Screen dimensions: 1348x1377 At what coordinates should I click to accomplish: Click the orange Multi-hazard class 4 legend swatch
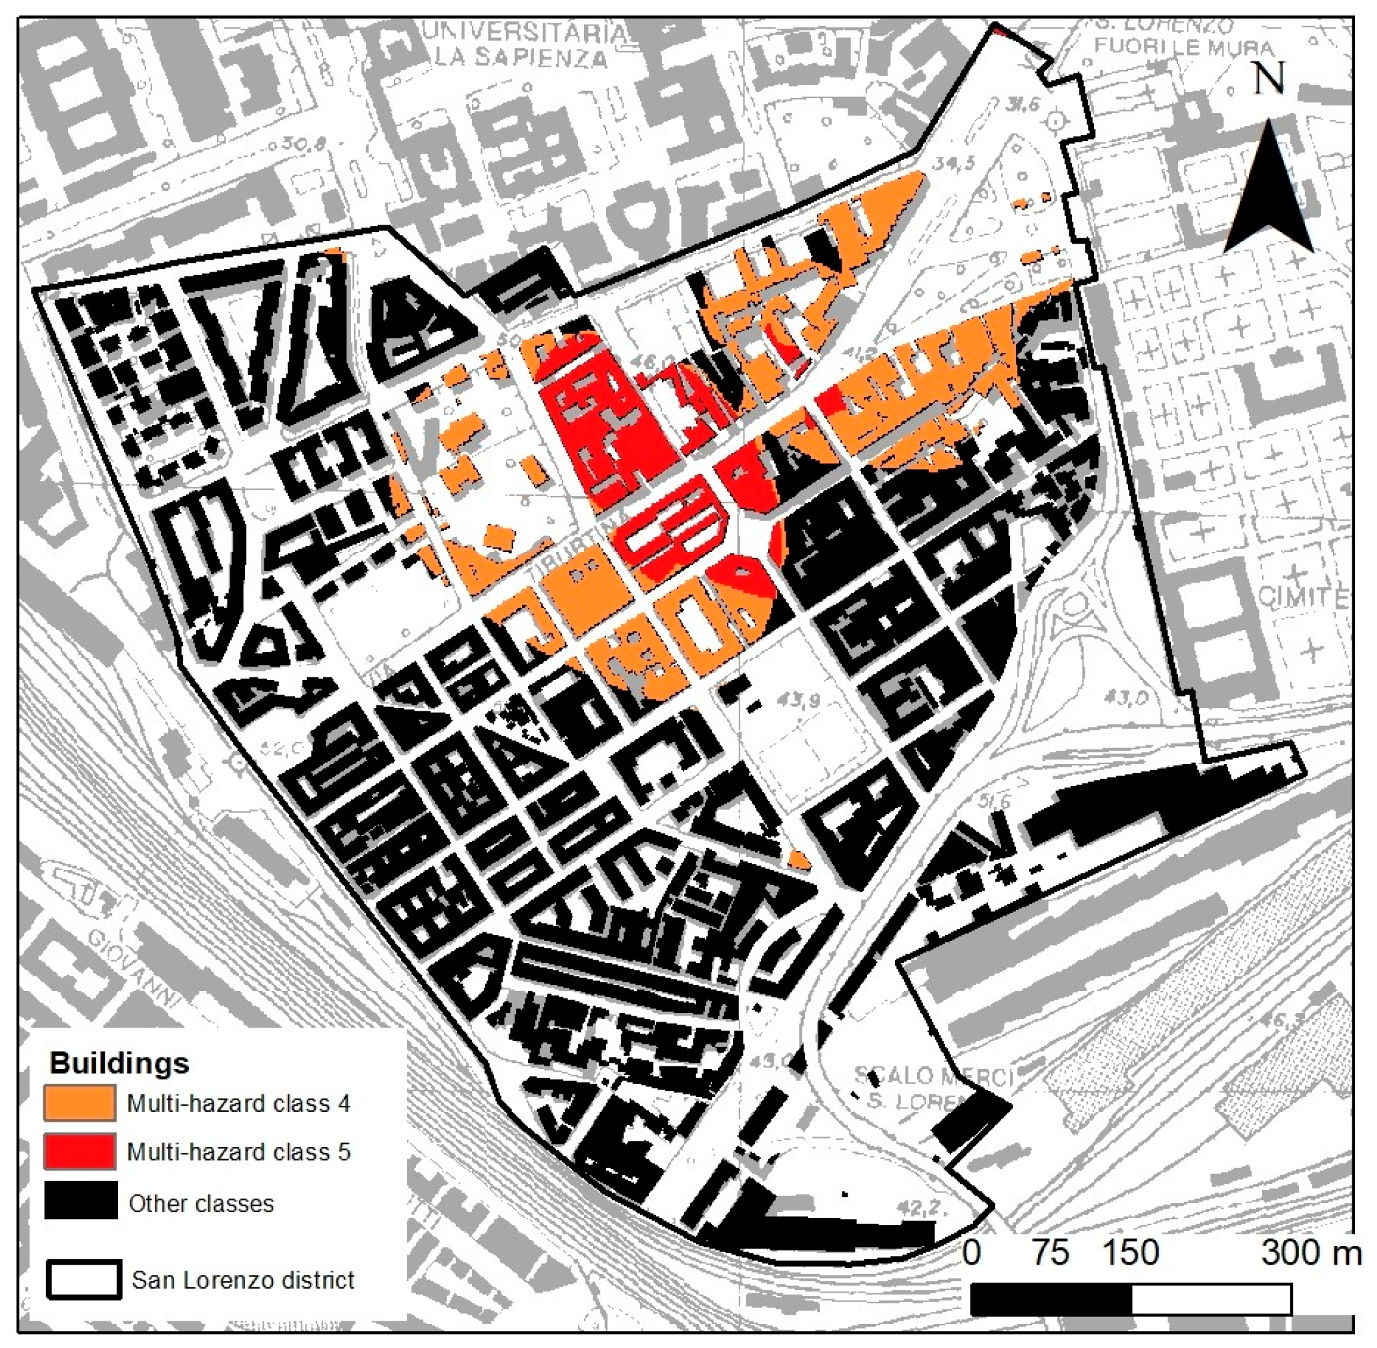click(x=79, y=1103)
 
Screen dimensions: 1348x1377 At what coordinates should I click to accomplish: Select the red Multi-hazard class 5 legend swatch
click(x=79, y=1152)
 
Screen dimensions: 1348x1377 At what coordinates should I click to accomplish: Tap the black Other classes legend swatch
click(x=81, y=1201)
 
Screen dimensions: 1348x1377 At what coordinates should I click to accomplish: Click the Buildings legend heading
click(x=119, y=1062)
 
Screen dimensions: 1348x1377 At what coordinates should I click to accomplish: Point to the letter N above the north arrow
click(x=1269, y=79)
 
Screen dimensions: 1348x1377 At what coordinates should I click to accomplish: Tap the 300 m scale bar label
click(x=1311, y=1253)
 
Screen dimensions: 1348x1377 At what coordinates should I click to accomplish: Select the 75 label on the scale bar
click(x=1050, y=1253)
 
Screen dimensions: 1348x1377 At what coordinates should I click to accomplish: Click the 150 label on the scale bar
click(x=1131, y=1253)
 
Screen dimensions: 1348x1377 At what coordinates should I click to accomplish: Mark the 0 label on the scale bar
click(x=972, y=1253)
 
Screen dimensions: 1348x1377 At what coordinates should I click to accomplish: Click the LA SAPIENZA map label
click(x=523, y=57)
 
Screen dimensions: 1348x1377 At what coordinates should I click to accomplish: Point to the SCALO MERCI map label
click(x=933, y=1076)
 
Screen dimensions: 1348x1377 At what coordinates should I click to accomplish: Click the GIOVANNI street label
click(x=135, y=966)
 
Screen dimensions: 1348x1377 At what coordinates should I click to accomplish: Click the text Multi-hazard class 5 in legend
click(x=238, y=1152)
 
